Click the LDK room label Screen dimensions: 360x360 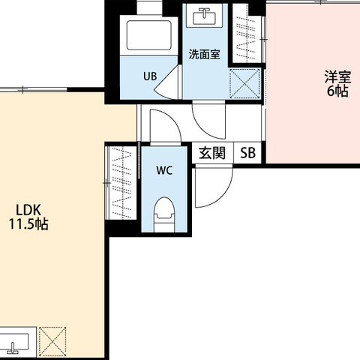28,210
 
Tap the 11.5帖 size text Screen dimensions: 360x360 28,224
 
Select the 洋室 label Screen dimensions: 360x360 337,77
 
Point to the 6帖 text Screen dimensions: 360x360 337,91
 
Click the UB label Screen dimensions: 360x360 150,76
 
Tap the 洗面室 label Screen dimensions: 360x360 205,54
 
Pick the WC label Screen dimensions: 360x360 164,170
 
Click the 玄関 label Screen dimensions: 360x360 212,153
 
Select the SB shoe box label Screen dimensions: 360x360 247,153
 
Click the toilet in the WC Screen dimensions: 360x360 164,214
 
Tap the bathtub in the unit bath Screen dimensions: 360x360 149,35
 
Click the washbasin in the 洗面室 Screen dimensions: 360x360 205,15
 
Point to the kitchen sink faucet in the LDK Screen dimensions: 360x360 13,348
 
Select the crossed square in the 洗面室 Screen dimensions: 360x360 244,83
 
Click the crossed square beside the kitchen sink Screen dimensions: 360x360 52,342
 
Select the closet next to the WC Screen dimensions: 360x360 121,183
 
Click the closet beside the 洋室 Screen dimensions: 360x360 248,33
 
